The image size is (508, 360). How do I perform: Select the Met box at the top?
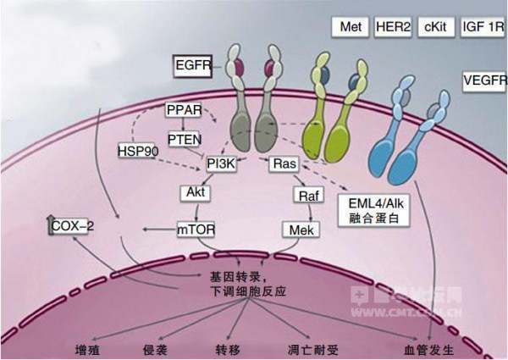tap(350, 27)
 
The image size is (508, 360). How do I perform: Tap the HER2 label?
tap(393, 27)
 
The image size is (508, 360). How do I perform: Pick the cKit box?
tap(434, 27)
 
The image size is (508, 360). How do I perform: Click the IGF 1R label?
tap(482, 27)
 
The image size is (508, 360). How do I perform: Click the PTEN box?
tap(183, 138)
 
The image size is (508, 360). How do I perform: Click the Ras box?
tap(283, 163)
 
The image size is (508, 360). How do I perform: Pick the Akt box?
tap(196, 192)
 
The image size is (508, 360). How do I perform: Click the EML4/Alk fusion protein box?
tap(373, 209)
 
